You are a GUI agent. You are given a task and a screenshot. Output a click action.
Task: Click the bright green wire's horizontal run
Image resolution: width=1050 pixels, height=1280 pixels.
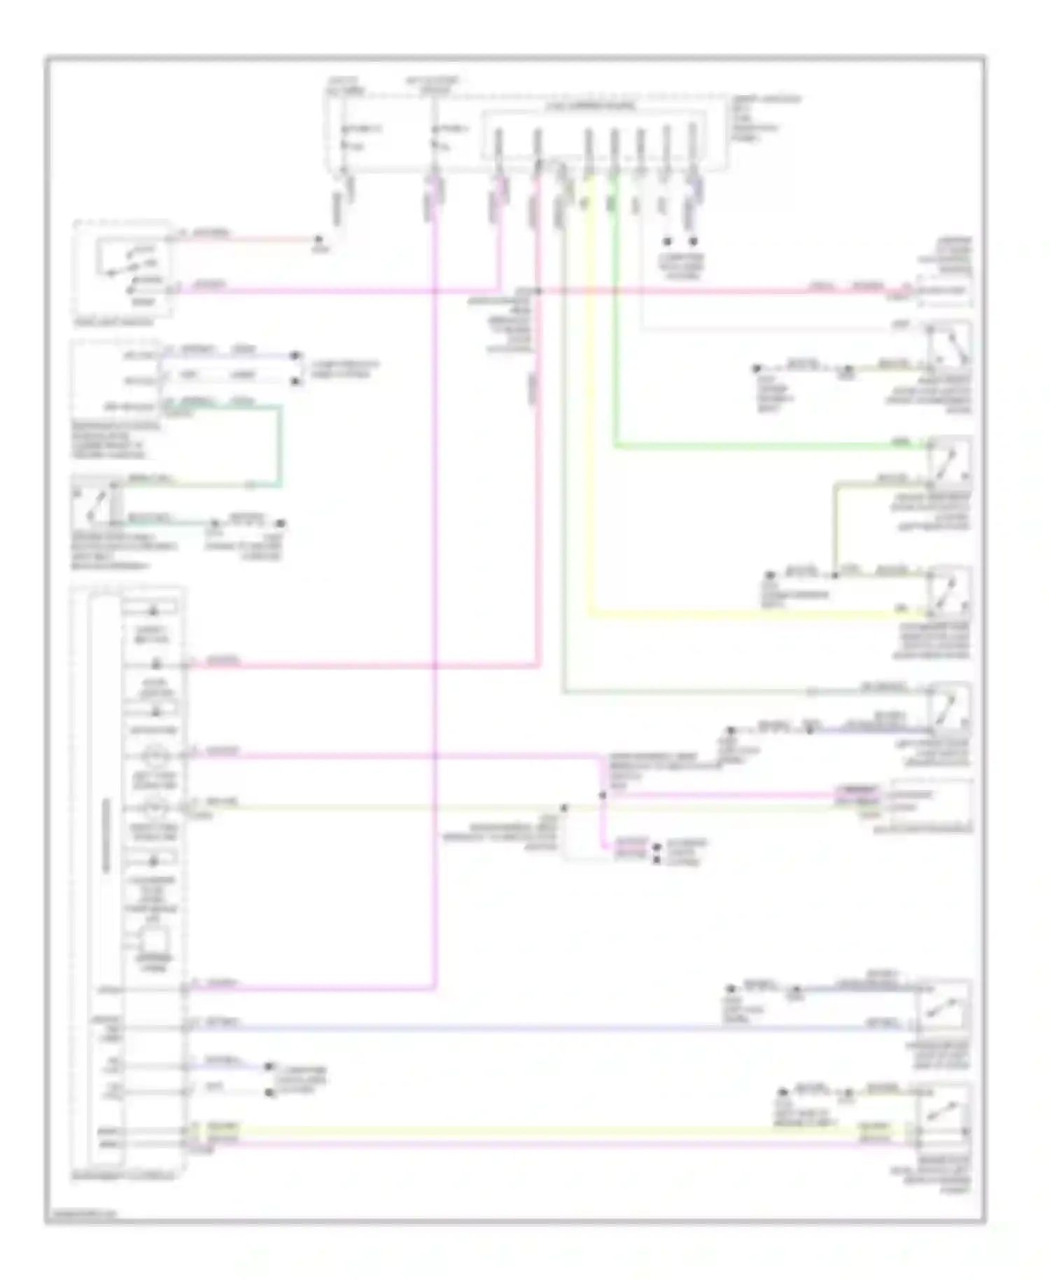click(x=770, y=445)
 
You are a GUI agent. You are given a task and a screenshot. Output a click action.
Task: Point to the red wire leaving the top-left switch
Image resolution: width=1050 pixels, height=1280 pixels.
click(x=245, y=239)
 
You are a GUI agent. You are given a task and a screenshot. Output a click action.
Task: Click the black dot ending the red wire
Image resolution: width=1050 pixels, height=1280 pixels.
click(x=318, y=239)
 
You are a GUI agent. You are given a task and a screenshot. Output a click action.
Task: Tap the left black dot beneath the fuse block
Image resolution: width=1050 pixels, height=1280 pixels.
click(x=667, y=242)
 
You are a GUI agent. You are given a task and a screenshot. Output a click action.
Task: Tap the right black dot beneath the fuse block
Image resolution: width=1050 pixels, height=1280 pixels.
click(x=694, y=242)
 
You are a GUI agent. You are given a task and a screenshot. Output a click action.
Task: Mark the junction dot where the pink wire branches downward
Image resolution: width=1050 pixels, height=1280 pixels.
click(x=602, y=795)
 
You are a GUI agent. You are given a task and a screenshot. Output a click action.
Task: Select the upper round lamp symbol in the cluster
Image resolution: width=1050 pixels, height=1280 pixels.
click(x=155, y=756)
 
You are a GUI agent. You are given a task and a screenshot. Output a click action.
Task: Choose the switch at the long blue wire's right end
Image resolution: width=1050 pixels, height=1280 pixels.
click(x=945, y=1008)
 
